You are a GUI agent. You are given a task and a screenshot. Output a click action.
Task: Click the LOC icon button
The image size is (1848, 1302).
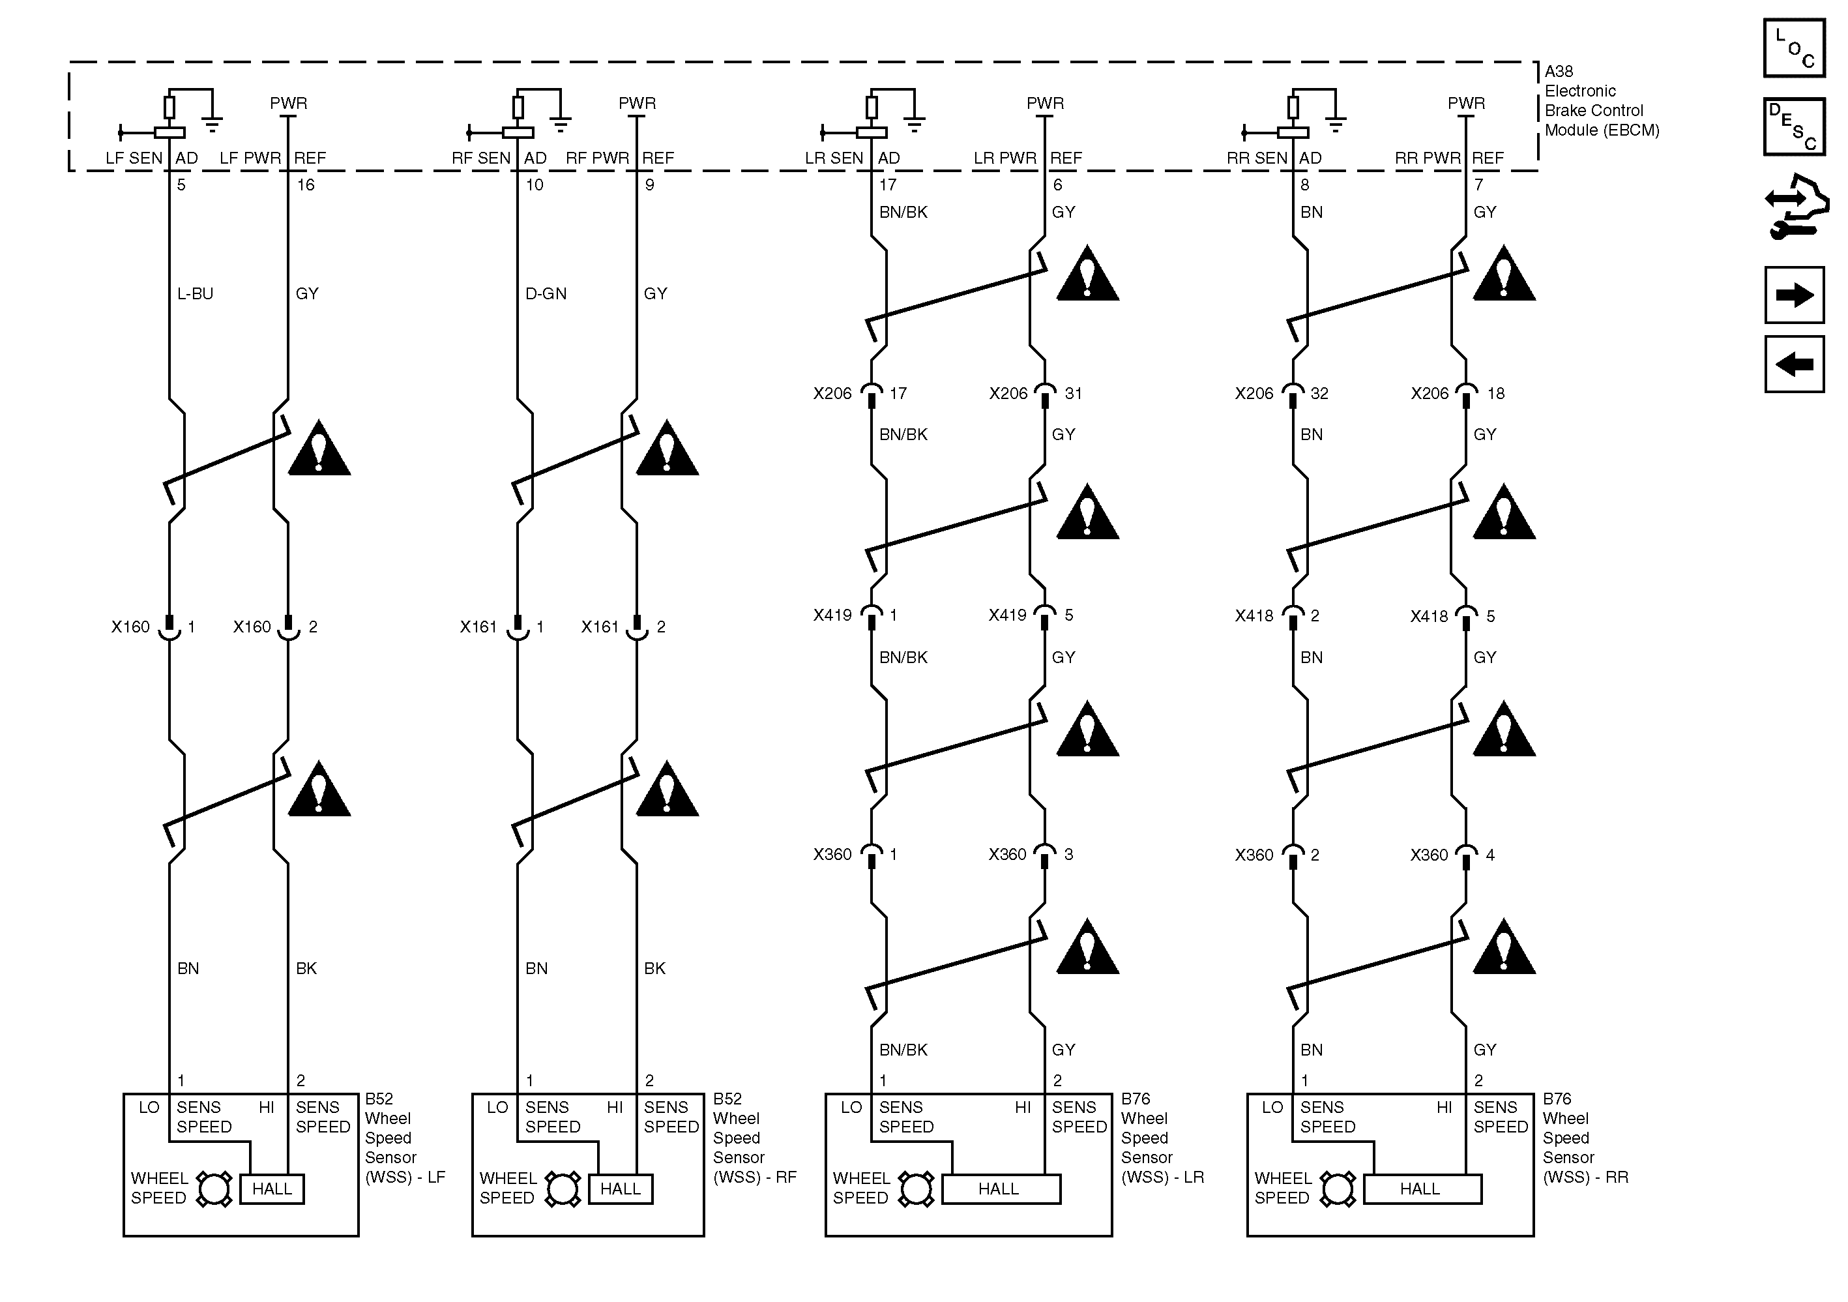tap(1794, 48)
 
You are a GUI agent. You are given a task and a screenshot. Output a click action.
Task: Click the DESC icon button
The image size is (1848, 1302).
tap(1794, 126)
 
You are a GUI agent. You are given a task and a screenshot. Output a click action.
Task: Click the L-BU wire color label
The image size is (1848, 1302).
tap(195, 294)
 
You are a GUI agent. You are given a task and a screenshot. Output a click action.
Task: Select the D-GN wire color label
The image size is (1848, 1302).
tap(546, 294)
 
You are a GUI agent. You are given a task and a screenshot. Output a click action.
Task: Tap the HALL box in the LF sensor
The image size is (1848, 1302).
tap(272, 1189)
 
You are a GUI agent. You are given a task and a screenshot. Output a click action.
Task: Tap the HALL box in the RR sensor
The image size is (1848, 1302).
tap(1422, 1189)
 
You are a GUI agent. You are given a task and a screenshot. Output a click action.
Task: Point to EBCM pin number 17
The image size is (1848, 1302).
tap(887, 185)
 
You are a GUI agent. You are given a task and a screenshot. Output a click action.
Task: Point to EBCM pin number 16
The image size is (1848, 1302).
tap(305, 185)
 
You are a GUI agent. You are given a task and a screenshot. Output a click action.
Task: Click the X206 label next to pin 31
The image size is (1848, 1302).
tap(1008, 394)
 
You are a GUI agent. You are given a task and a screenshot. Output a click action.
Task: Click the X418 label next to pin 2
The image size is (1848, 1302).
tap(1254, 616)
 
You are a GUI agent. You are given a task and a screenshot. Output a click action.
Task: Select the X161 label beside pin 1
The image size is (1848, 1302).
tap(478, 627)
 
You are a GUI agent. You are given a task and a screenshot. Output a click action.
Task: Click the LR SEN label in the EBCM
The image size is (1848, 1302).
tap(834, 158)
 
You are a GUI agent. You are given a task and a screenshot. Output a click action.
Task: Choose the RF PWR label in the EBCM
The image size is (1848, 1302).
tap(597, 158)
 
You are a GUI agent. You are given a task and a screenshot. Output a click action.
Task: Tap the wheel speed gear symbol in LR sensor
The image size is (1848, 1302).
tap(916, 1189)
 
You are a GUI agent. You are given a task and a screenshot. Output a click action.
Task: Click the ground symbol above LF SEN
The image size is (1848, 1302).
tap(213, 123)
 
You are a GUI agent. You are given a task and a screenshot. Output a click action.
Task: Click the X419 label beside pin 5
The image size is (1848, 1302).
tap(1008, 615)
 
